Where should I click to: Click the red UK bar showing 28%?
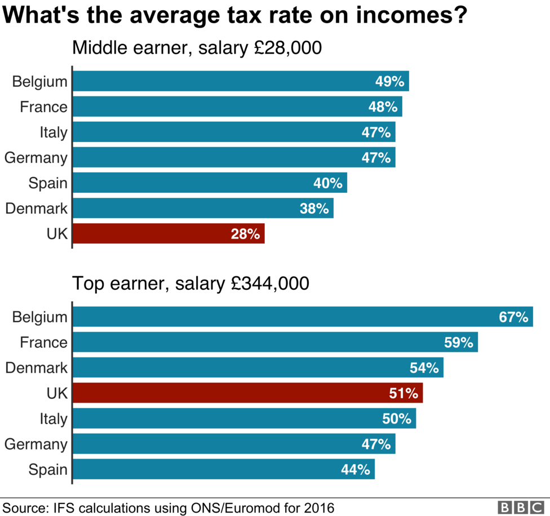pos(169,233)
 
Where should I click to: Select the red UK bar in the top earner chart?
pos(248,393)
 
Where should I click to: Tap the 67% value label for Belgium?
pos(513,317)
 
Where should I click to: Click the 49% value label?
pos(390,82)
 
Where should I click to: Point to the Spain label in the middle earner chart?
pos(48,183)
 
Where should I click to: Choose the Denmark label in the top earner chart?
pos(37,368)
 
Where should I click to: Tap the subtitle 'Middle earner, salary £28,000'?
pos(197,48)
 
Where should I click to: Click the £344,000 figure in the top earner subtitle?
pos(270,284)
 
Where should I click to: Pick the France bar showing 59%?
pos(275,342)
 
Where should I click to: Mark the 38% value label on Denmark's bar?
pos(314,209)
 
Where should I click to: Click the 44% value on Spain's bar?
pos(356,469)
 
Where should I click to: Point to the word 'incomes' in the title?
pos(394,15)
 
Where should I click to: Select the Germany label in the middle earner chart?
pos(36,158)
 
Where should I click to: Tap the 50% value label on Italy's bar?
pos(397,418)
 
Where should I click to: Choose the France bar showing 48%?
pos(237,107)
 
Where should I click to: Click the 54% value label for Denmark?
pos(424,368)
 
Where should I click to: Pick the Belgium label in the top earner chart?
pos(39,317)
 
